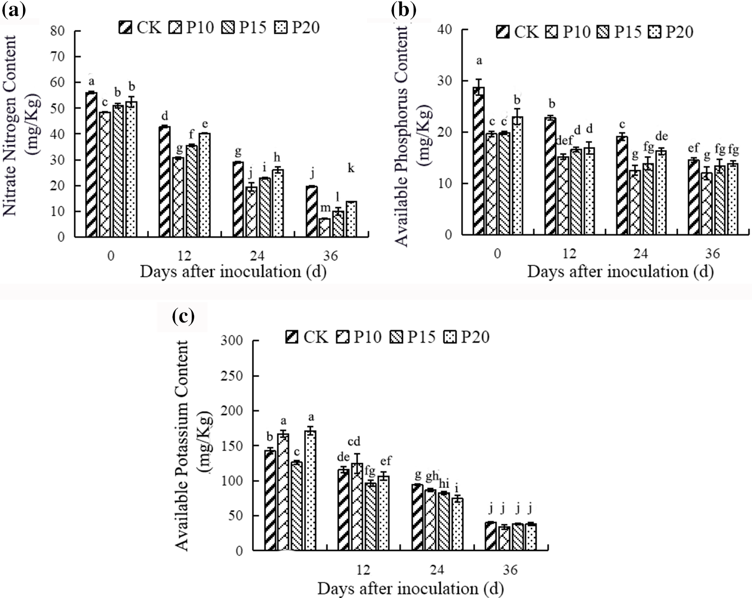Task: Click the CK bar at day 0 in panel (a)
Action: click(x=92, y=164)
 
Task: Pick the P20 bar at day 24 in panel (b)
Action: click(x=661, y=192)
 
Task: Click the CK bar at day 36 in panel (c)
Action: click(x=491, y=536)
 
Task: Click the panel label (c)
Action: click(x=183, y=317)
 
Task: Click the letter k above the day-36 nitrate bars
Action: click(x=351, y=169)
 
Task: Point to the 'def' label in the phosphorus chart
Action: click(x=564, y=140)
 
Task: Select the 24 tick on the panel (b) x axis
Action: click(x=641, y=253)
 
